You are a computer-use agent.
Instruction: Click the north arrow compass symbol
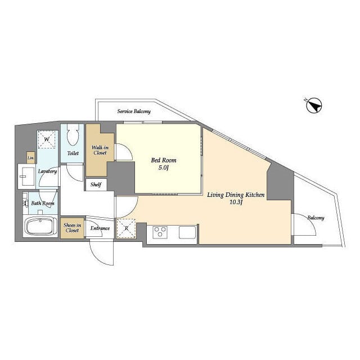[314, 106]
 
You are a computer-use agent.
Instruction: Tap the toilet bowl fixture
[73, 135]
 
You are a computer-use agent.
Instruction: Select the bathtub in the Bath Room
[40, 226]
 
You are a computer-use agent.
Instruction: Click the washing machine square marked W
[47, 139]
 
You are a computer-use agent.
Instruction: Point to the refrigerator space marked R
[126, 228]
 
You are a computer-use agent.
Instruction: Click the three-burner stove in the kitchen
[160, 232]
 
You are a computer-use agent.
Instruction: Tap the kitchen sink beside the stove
[187, 232]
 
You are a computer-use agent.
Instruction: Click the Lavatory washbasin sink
[26, 176]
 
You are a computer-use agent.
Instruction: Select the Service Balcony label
[134, 111]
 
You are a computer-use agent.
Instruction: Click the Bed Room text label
[164, 160]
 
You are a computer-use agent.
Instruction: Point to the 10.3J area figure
[236, 202]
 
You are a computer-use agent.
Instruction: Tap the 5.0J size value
[164, 168]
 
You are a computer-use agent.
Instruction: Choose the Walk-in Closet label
[100, 150]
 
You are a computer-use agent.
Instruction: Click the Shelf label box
[96, 184]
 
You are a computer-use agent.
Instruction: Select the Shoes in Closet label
[72, 228]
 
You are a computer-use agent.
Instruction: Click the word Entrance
[100, 228]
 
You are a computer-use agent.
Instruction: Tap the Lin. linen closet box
[31, 157]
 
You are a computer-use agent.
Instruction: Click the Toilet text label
[73, 153]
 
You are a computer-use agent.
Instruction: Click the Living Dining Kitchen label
[236, 195]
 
